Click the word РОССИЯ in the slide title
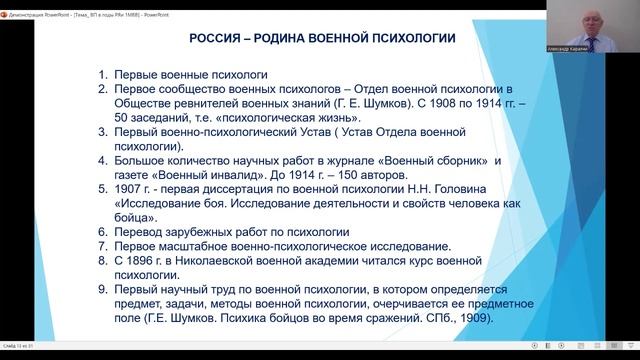coord(217,38)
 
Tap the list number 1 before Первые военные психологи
coord(104,75)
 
